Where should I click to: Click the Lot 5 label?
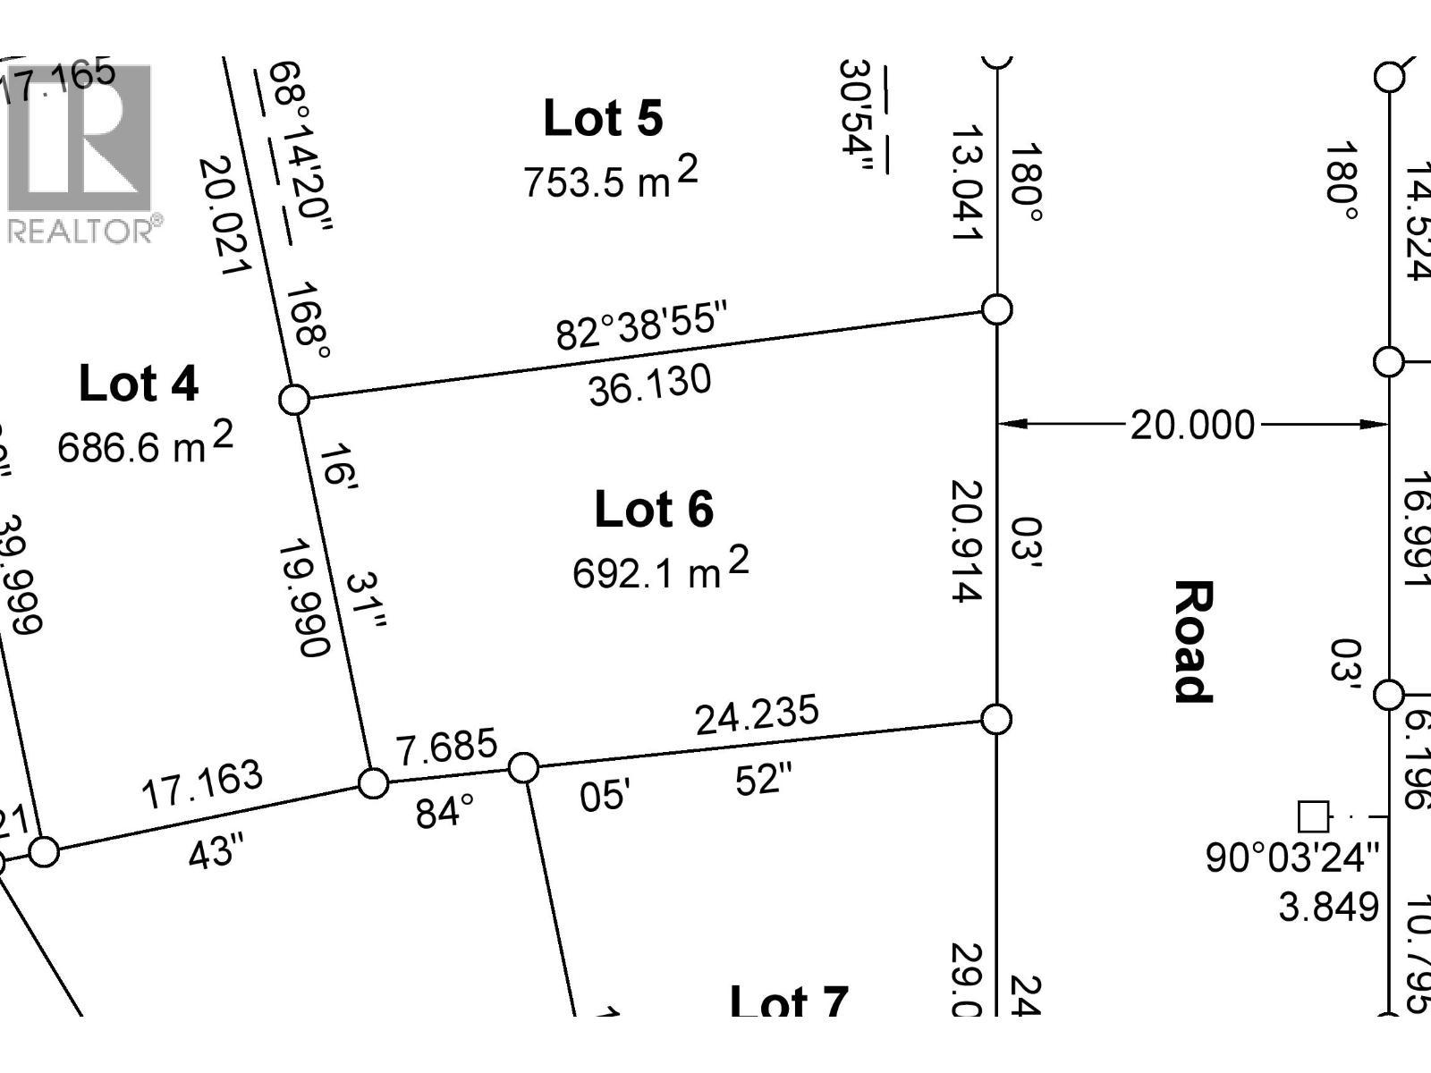click(x=603, y=119)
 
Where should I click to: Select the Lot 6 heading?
click(x=654, y=510)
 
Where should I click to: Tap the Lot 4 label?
click(x=139, y=384)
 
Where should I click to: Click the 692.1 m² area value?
click(x=660, y=570)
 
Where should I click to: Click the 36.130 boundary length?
click(x=650, y=385)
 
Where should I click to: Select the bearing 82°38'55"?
click(x=642, y=327)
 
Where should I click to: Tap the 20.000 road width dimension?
click(x=1192, y=425)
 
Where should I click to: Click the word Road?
click(x=1193, y=641)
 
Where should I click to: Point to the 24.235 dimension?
click(x=757, y=714)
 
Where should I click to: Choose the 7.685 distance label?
click(x=446, y=747)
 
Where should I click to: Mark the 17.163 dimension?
click(x=202, y=784)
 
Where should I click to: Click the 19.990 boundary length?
click(x=304, y=596)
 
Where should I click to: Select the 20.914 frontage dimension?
click(x=968, y=541)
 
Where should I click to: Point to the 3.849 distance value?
click(x=1328, y=907)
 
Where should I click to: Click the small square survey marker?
click(x=1313, y=816)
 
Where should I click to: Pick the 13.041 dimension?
click(x=967, y=183)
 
